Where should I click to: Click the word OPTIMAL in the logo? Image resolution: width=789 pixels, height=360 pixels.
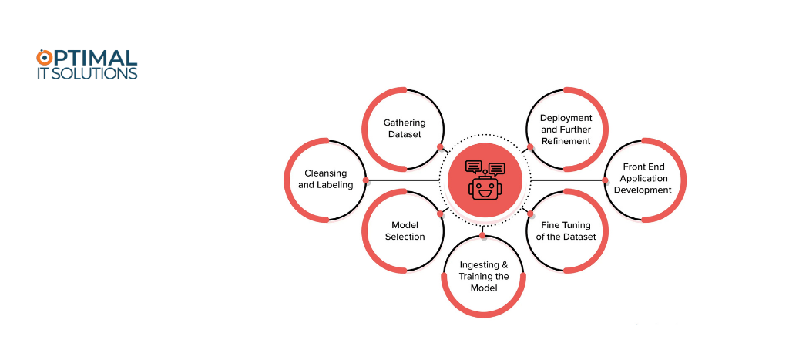[86, 57]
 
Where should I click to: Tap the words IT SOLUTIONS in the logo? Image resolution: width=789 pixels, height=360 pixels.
[86, 73]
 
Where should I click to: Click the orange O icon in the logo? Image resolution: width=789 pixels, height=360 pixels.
[44, 57]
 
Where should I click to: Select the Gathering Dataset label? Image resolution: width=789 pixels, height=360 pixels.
[405, 129]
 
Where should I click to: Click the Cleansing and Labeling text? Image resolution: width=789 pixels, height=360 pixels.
[326, 179]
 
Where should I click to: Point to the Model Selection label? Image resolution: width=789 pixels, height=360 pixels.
[405, 230]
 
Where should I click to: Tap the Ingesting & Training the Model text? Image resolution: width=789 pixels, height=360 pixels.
[484, 276]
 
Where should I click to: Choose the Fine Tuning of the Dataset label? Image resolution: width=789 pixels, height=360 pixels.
[566, 230]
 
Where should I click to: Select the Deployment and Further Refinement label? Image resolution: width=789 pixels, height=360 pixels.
[566, 130]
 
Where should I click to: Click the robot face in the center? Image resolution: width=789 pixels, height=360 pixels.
[485, 188]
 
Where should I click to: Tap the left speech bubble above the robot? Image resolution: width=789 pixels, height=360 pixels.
[474, 167]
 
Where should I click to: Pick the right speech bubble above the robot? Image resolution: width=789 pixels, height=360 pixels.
[497, 169]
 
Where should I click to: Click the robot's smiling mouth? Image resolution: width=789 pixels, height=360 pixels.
[485, 193]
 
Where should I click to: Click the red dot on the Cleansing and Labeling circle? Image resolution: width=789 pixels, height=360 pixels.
[366, 180]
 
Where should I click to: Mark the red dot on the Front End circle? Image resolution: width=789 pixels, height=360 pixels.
[605, 180]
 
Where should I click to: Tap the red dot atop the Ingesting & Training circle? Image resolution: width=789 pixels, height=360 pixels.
[482, 235]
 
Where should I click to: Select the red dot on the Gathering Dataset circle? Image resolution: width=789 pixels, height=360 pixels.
[440, 147]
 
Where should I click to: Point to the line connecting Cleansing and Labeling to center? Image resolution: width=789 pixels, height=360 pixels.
[402, 180]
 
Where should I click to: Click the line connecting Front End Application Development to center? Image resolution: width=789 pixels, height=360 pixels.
[568, 180]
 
